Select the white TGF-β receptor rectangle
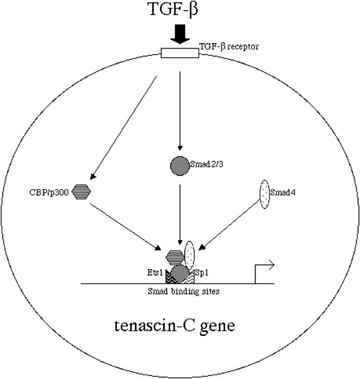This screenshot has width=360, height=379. pyautogui.click(x=179, y=53)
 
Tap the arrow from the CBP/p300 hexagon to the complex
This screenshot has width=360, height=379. pyautogui.click(x=126, y=225)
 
